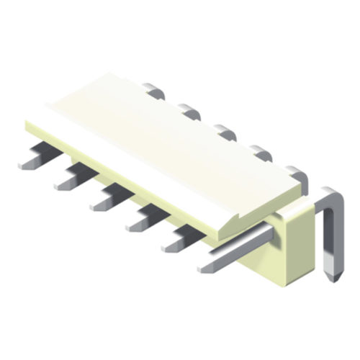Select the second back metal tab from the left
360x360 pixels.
189,111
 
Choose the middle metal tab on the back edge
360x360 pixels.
224,132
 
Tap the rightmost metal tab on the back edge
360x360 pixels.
295,173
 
